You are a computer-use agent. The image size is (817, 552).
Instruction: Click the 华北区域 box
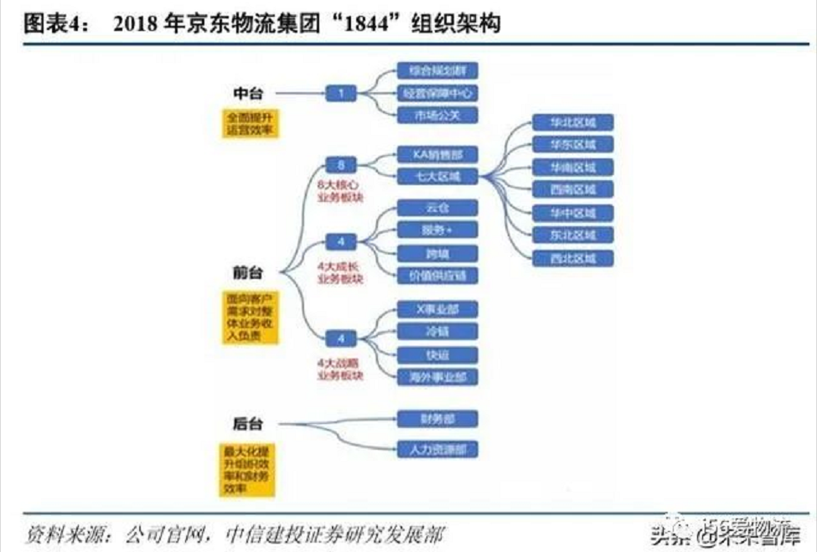[573, 122]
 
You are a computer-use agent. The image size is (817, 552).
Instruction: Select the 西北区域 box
[573, 258]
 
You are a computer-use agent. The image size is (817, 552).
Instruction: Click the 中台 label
[248, 93]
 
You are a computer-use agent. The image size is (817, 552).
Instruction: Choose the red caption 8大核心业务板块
[340, 190]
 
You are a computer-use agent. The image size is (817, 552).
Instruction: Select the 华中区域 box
[573, 213]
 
